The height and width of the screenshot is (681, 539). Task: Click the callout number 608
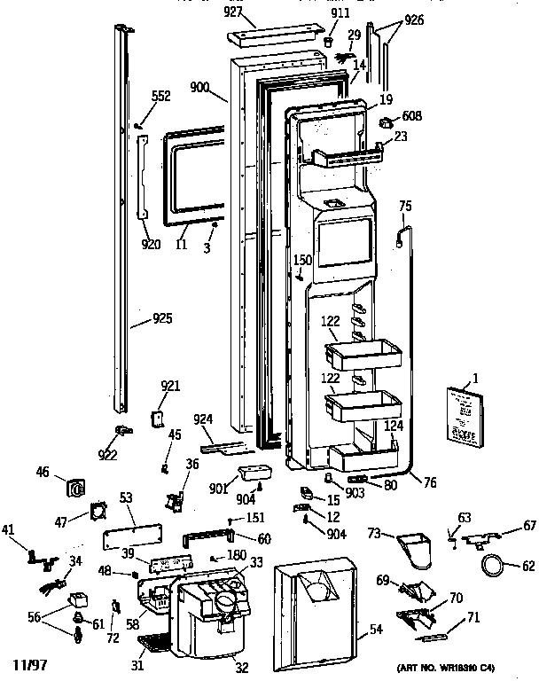(x=412, y=116)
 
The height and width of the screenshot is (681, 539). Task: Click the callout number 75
(x=405, y=206)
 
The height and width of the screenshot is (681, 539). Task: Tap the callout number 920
(x=152, y=246)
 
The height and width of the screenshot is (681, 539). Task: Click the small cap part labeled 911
(x=329, y=40)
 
